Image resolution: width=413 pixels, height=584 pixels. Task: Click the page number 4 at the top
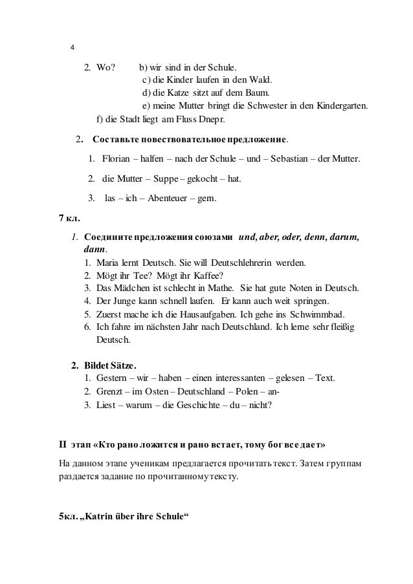pos(72,49)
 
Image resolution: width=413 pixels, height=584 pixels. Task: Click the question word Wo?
pos(106,67)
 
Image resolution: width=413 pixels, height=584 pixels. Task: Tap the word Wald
pos(261,80)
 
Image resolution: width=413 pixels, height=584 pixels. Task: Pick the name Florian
pos(115,159)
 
